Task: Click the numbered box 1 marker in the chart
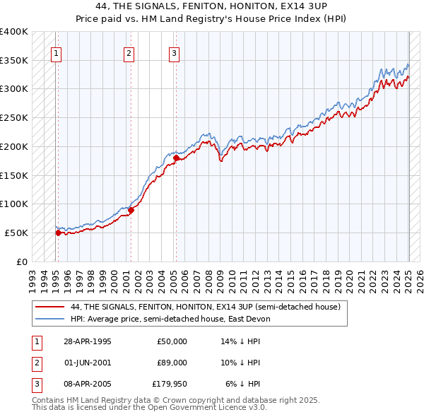pos(56,52)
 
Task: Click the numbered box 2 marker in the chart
pos(129,52)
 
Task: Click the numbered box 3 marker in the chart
pos(174,52)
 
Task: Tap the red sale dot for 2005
pos(176,158)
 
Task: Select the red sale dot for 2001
pos(131,210)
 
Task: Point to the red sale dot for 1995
pos(58,233)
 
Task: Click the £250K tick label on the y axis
pos(14,117)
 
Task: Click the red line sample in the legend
pos(49,307)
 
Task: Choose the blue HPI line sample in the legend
pos(49,319)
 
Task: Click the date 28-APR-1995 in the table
pos(88,341)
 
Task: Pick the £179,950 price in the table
pos(170,384)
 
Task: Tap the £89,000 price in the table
pos(172,363)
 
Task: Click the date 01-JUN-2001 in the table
pos(88,363)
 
